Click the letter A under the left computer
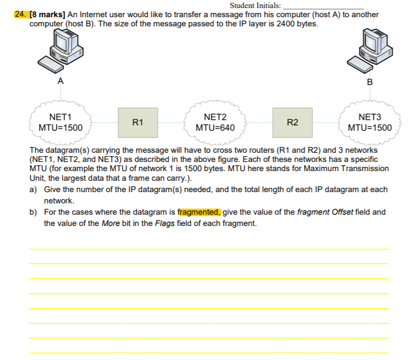click(61, 81)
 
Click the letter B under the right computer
click(370, 82)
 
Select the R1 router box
click(138, 123)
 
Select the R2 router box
click(293, 123)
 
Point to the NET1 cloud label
click(60, 117)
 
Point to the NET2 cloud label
click(215, 117)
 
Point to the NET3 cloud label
click(370, 117)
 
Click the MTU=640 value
click(215, 128)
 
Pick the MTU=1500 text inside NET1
click(60, 128)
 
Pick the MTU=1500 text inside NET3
click(370, 128)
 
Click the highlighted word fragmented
click(199, 212)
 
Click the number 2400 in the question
click(285, 24)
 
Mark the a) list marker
click(33, 190)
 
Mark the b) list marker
click(33, 212)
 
